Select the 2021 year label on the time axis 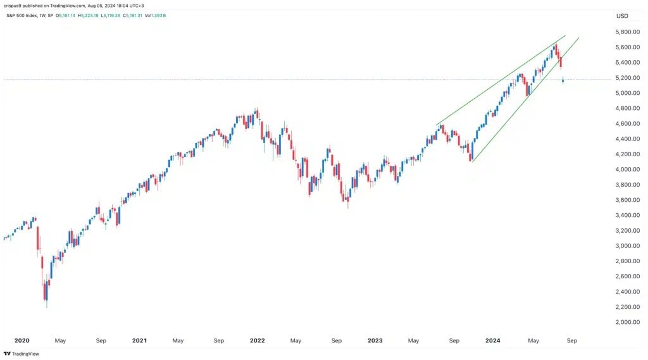tap(139, 340)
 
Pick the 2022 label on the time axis tap(257, 340)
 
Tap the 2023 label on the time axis tap(375, 340)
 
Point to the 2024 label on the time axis tap(493, 340)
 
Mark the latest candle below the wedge tap(563, 80)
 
